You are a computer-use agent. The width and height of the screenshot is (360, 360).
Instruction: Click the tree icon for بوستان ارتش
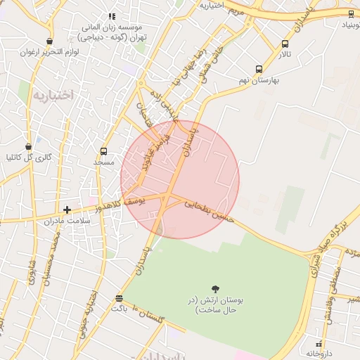tap(215, 289)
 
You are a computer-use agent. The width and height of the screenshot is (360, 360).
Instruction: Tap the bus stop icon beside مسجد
tap(104, 151)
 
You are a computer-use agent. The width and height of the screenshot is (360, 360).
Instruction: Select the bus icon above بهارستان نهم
tap(259, 69)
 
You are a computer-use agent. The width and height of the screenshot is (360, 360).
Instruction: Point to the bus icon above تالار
tap(285, 44)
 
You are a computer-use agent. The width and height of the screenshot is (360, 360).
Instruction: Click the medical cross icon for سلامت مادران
tap(67, 210)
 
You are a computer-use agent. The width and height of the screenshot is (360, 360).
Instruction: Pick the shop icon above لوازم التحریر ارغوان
tap(49, 41)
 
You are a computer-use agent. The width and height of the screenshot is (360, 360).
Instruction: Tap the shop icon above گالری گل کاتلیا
tap(28, 146)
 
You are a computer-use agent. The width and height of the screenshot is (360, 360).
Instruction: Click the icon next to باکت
tap(119, 298)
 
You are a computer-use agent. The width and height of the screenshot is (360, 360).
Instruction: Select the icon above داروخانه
tap(321, 343)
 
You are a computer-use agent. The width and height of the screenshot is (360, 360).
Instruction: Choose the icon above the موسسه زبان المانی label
tap(112, 16)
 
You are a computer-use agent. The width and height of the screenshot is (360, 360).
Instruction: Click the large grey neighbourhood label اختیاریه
tap(53, 95)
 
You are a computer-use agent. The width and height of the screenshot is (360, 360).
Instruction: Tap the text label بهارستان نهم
tap(259, 80)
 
